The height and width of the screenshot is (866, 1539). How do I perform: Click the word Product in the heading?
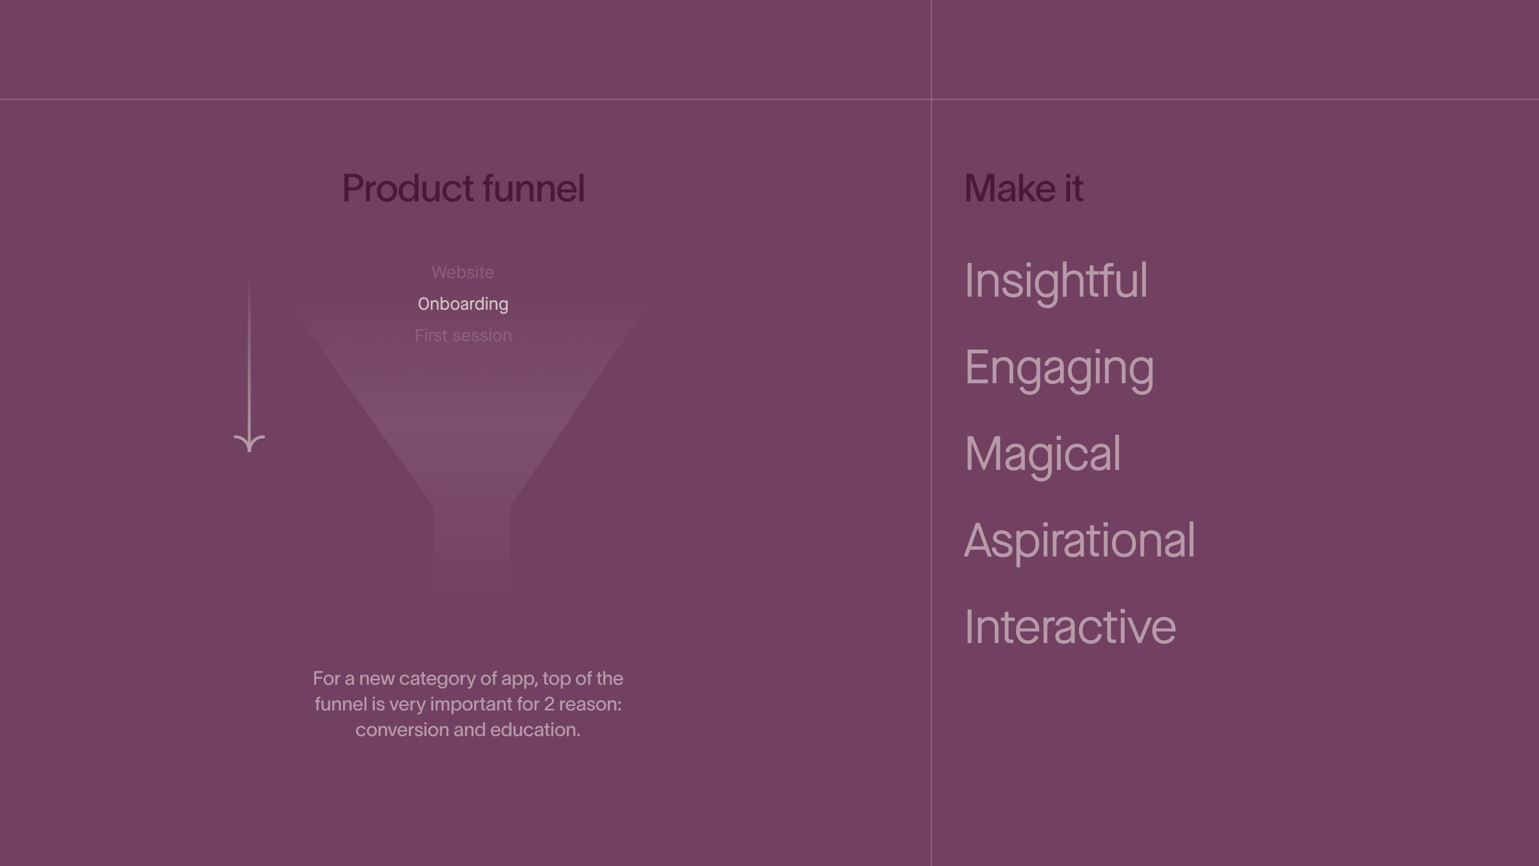click(x=408, y=188)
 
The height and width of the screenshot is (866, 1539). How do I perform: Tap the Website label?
click(x=463, y=273)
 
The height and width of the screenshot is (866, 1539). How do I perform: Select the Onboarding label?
click(x=463, y=304)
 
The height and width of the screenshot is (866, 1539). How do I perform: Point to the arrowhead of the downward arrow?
click(x=249, y=443)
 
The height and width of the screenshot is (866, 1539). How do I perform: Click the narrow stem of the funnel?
click(x=471, y=553)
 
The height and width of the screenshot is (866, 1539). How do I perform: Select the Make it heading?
click(x=1024, y=188)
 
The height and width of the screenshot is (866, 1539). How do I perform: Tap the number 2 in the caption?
click(x=549, y=704)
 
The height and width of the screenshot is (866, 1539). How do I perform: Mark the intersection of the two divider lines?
click(x=931, y=99)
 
